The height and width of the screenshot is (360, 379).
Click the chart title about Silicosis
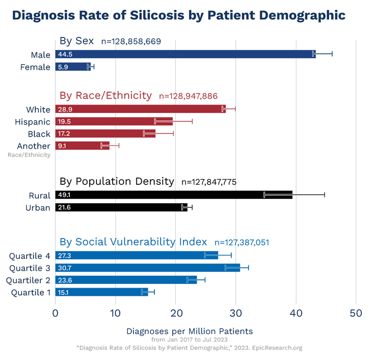(x=179, y=15)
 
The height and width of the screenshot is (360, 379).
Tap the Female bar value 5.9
(x=63, y=67)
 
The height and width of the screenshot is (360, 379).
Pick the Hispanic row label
(x=33, y=122)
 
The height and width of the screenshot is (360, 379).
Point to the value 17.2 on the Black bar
(x=64, y=134)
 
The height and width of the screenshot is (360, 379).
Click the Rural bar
(x=174, y=195)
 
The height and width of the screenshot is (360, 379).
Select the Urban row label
(x=39, y=207)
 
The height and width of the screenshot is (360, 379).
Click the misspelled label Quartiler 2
(x=28, y=280)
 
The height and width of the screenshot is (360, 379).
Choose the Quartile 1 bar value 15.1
(x=63, y=292)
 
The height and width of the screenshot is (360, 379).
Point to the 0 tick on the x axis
(x=55, y=313)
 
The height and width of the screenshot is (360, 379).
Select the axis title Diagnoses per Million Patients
(x=189, y=331)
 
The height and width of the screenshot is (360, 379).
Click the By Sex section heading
(x=77, y=41)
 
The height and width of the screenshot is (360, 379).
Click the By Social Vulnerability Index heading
(x=133, y=242)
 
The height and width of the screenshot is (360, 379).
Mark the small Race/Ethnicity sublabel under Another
(x=29, y=155)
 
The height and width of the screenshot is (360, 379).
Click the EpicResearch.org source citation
(x=189, y=348)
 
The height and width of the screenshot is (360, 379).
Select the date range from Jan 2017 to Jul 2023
(x=189, y=339)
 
